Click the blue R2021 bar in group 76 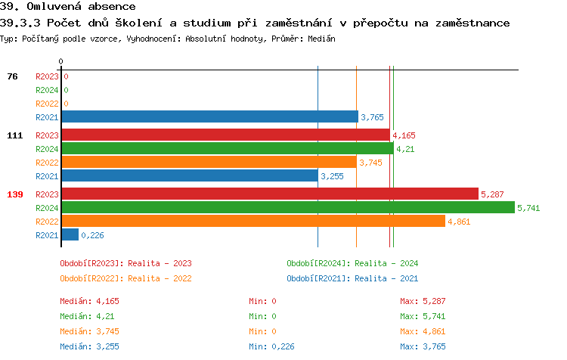[209, 116]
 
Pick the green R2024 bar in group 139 [287, 207]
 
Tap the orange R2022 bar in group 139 [253, 221]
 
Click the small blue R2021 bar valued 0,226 [70, 234]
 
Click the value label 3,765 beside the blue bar [373, 117]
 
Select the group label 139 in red [15, 194]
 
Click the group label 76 [13, 76]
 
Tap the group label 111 [15, 135]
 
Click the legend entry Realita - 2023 [125, 263]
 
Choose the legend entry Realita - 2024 [352, 263]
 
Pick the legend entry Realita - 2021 [352, 278]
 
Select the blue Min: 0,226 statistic [273, 346]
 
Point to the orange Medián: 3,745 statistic [89, 331]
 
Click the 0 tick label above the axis [61, 61]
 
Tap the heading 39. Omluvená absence [67, 6]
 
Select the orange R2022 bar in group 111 [208, 162]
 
